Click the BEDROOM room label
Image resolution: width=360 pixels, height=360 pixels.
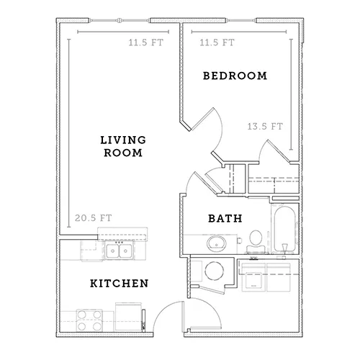click(x=235, y=76)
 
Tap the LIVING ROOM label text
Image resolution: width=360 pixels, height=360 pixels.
click(x=123, y=146)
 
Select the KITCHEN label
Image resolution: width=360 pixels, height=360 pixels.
click(x=120, y=284)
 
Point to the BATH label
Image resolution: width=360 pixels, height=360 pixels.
click(x=225, y=218)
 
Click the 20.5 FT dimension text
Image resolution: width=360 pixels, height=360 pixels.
click(x=94, y=218)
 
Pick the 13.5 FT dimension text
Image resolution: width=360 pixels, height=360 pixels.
click(x=265, y=126)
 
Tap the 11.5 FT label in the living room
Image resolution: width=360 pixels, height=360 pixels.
click(x=146, y=42)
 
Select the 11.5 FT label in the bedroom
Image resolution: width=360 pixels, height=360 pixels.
click(x=217, y=42)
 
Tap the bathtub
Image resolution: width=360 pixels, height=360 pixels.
click(x=285, y=229)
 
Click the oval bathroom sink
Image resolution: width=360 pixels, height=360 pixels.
click(x=217, y=243)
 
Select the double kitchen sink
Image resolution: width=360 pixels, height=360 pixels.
click(x=119, y=251)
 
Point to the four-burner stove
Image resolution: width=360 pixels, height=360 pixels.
click(x=89, y=320)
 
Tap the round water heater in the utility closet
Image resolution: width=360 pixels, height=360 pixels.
click(x=215, y=271)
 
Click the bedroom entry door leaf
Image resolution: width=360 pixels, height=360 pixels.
click(x=202, y=120)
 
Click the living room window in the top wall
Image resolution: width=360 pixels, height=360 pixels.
click(x=120, y=20)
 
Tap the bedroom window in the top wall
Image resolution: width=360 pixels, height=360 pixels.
click(x=240, y=20)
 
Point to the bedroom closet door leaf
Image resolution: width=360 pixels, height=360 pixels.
click(x=279, y=151)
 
